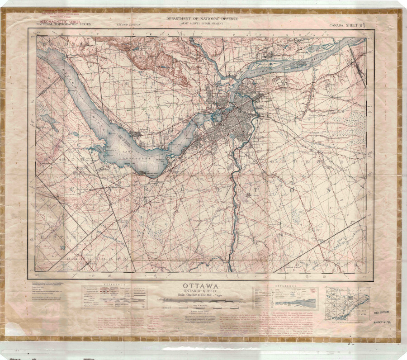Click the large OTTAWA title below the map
(x=201, y=286)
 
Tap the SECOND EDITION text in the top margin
(x=128, y=25)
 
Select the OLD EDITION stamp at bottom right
(x=382, y=313)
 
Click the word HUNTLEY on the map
(x=56, y=237)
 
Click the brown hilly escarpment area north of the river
(x=158, y=63)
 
